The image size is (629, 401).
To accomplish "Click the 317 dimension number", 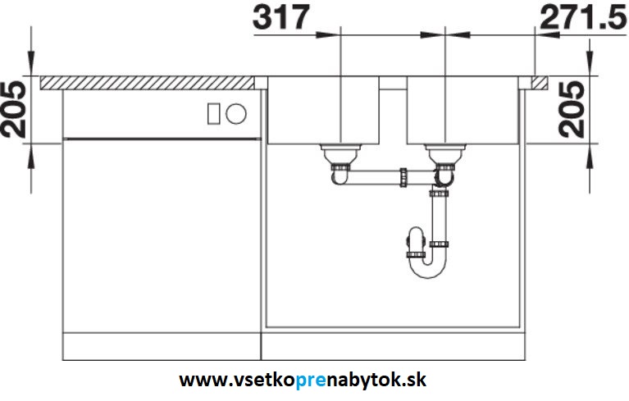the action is pyautogui.click(x=281, y=17).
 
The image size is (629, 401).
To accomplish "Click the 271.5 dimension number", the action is pyautogui.click(x=584, y=17).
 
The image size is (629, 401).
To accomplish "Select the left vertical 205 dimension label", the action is pyautogui.click(x=13, y=109).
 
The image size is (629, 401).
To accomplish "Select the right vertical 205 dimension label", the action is pyautogui.click(x=572, y=109).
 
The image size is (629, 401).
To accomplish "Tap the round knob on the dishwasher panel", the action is pyautogui.click(x=236, y=113).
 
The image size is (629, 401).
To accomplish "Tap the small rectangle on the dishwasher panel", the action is pyautogui.click(x=213, y=113).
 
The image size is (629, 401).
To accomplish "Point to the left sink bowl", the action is pyautogui.click(x=323, y=110).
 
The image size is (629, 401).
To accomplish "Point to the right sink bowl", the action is pyautogui.click(x=463, y=110).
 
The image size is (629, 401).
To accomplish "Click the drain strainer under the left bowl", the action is pyautogui.click(x=340, y=154).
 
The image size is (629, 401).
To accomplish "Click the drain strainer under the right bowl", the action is pyautogui.click(x=445, y=154).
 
